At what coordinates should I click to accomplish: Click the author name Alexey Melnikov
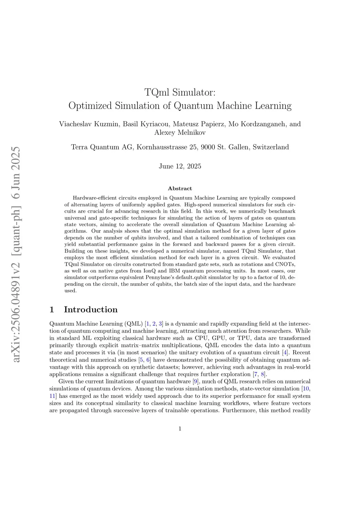pos(180,133)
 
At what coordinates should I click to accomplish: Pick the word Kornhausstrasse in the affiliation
pos(162,147)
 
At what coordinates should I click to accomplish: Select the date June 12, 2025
pos(180,166)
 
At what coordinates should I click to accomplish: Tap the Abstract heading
pos(180,188)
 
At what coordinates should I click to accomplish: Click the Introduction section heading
pos(90,310)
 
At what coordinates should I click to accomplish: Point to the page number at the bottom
pos(180,429)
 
